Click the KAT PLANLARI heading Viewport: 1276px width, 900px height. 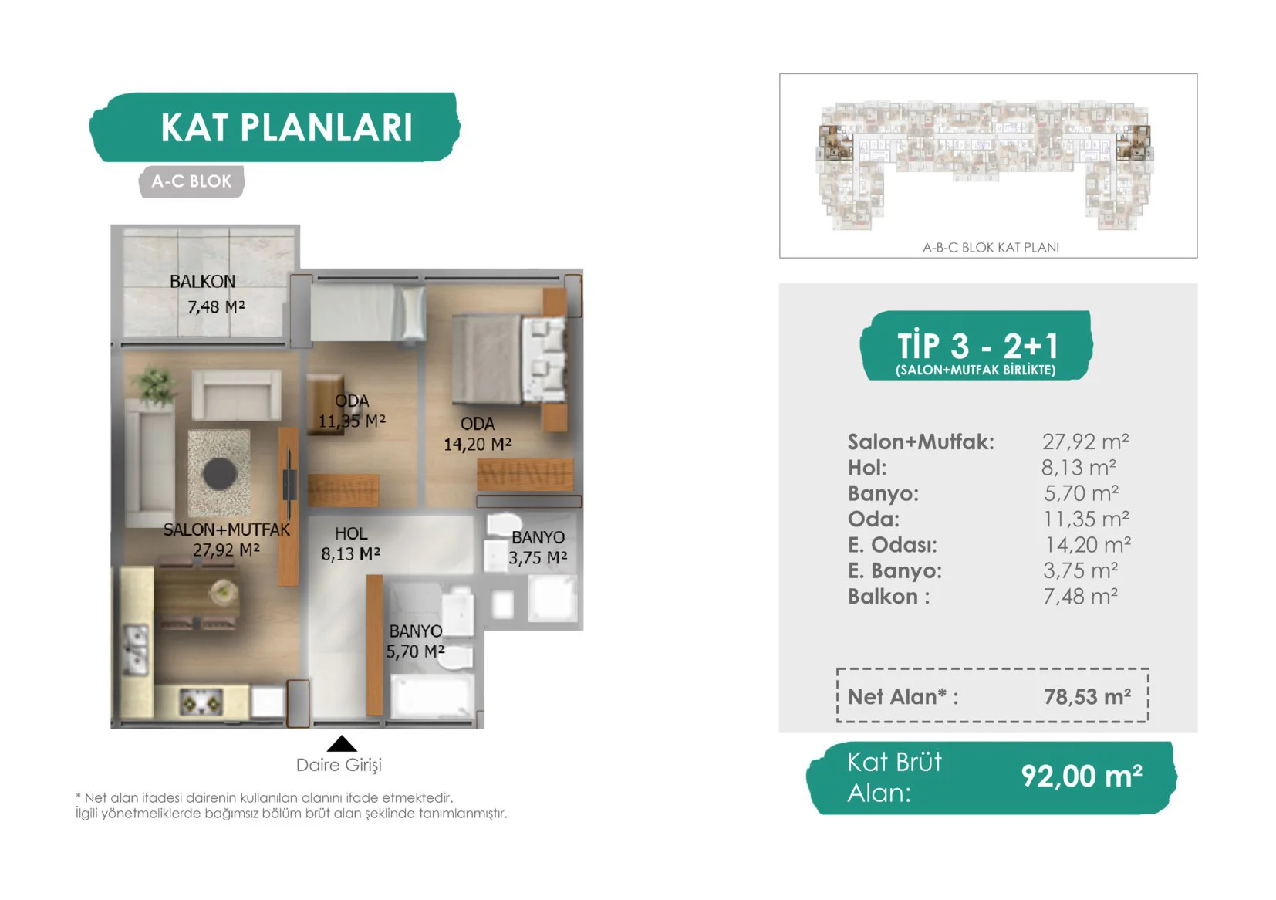click(286, 127)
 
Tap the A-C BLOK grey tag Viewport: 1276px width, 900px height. click(191, 181)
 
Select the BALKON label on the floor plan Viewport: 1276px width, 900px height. click(202, 282)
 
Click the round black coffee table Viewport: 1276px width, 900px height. click(220, 473)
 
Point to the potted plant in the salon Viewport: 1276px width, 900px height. click(154, 385)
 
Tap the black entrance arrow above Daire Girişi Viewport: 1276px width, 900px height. click(342, 743)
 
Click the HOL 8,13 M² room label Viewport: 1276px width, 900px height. click(350, 543)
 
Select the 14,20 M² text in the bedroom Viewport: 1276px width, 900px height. click(478, 444)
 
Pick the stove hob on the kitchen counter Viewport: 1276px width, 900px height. click(201, 702)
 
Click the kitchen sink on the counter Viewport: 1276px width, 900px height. click(137, 651)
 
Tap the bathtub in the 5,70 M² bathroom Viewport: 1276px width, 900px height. click(432, 695)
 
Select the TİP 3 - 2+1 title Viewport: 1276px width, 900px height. click(978, 345)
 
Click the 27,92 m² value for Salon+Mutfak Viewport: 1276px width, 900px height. click(1085, 442)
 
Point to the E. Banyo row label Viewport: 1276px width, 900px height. click(895, 570)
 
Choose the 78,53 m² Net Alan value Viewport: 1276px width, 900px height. click(1088, 696)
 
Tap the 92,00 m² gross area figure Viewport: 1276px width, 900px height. click(1082, 776)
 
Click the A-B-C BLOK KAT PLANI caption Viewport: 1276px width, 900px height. click(991, 247)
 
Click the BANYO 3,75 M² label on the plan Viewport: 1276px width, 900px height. click(538, 547)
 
